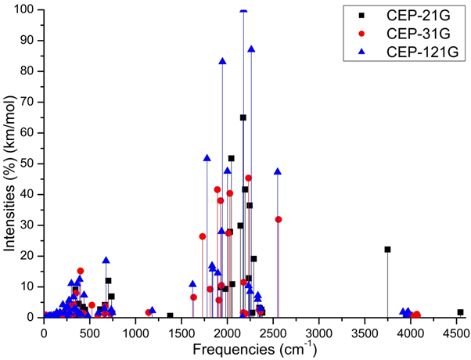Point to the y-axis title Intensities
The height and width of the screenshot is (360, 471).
(x=11, y=168)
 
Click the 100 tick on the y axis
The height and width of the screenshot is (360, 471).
(x=30, y=9)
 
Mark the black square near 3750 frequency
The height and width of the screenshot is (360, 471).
(x=387, y=250)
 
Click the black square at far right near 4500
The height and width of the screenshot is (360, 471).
(x=460, y=312)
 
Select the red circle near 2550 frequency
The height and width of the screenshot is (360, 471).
(x=279, y=219)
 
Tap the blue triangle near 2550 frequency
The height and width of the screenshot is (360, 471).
(x=278, y=171)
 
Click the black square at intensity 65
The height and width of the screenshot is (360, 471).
(x=243, y=117)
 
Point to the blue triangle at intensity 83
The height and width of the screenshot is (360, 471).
(x=222, y=61)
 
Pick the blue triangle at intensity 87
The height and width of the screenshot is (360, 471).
(x=251, y=49)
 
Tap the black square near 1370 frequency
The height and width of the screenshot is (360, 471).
(x=170, y=315)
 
